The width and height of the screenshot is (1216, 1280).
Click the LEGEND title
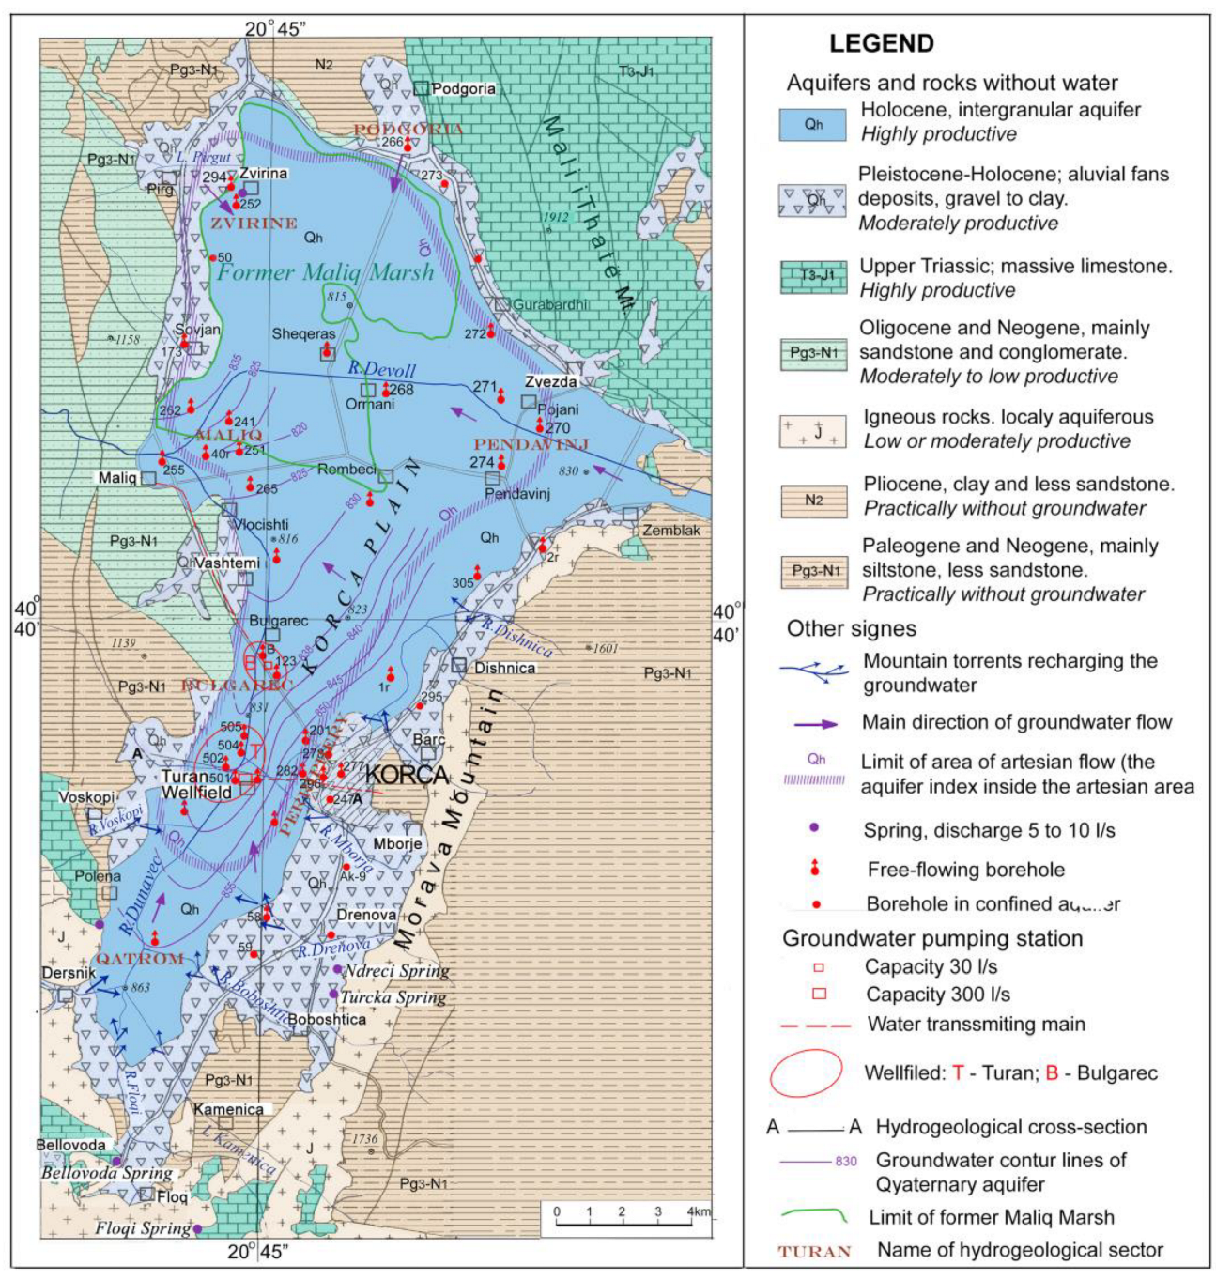tap(881, 44)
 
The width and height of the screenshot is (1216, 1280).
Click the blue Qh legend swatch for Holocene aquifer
tap(812, 124)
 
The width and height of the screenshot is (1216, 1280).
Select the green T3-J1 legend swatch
tap(812, 276)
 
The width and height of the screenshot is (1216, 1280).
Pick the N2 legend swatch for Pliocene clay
tap(813, 500)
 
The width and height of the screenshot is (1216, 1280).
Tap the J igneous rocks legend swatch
tap(813, 431)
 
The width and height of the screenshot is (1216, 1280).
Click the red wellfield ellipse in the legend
tap(806, 1072)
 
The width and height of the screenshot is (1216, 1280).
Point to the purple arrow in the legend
tap(808, 723)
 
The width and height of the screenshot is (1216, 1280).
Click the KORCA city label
tap(406, 776)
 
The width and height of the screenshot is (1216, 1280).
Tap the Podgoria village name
tap(463, 89)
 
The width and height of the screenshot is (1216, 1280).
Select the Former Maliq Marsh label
tap(326, 272)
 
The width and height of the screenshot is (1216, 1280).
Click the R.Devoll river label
tap(381, 370)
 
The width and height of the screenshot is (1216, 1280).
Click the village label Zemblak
tap(671, 531)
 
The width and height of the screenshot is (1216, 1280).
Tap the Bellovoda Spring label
tap(106, 1173)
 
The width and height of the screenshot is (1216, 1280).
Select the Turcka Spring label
tap(393, 997)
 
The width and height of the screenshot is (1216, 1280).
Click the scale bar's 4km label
tap(698, 1211)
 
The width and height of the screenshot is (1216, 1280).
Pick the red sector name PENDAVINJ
tap(531, 444)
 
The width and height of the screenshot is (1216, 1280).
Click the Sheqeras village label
tap(303, 334)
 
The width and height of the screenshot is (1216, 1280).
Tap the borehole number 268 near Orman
tap(401, 390)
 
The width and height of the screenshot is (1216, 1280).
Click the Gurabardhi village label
tap(550, 304)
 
